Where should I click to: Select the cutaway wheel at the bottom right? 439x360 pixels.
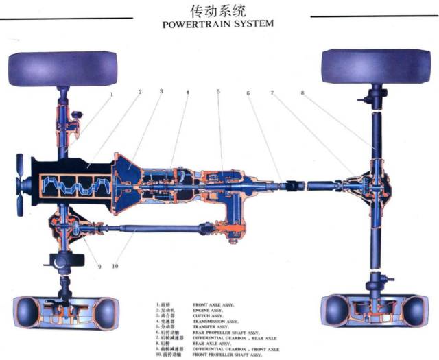tap(377, 315)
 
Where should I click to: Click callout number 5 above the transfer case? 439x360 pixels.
tap(217, 92)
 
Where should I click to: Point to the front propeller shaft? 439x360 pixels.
tap(151, 227)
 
